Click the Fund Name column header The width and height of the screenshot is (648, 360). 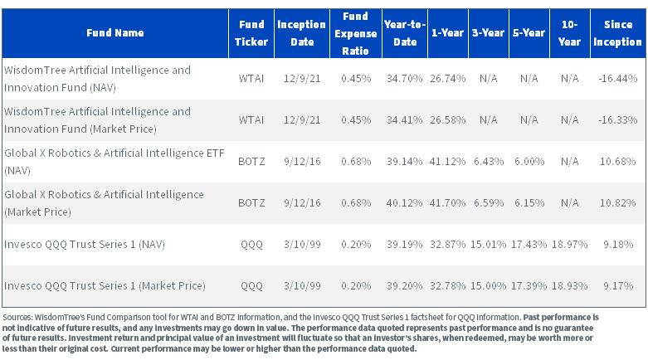point(114,32)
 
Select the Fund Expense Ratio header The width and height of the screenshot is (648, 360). point(355,33)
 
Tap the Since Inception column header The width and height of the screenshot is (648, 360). point(617,33)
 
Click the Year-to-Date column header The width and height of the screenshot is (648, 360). point(405,33)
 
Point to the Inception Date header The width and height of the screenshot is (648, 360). point(301,33)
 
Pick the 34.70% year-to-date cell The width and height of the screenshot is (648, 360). point(404,79)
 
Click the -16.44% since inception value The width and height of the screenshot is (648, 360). point(617,79)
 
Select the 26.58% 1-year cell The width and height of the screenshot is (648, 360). point(447,120)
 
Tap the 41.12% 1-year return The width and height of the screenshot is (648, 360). point(447,161)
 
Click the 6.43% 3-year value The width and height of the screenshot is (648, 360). point(489,161)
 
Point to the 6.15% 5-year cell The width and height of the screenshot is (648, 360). point(529,203)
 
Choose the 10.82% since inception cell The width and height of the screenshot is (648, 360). point(617,203)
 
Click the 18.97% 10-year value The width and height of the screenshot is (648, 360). point(569,244)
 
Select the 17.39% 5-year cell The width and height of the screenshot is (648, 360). point(529,285)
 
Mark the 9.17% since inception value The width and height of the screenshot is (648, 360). point(618,285)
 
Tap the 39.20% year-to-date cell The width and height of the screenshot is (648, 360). point(404,285)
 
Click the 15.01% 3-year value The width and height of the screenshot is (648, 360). point(489,244)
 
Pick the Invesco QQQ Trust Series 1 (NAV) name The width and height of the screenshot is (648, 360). point(85,244)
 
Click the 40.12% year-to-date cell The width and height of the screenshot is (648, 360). point(404,203)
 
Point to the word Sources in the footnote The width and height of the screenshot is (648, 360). point(17,318)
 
